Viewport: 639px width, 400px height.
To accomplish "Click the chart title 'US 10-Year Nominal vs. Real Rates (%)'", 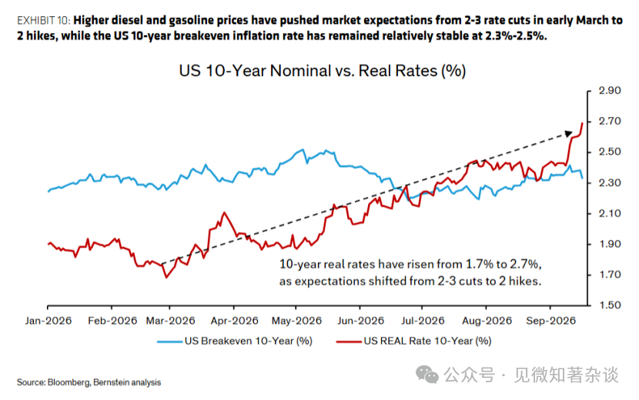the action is (x=322, y=71).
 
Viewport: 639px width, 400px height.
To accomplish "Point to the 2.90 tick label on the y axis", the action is (x=609, y=91).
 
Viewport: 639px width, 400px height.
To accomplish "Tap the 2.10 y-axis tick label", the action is (x=609, y=213).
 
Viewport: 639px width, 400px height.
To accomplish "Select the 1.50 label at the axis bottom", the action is (x=609, y=305).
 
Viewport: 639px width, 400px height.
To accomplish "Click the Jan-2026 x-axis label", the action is (x=48, y=321).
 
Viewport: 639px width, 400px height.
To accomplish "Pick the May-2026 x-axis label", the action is (x=296, y=321).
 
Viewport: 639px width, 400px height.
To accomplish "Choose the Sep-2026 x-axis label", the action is (x=550, y=321).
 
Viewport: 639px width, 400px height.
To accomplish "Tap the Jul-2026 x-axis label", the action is (x=423, y=321).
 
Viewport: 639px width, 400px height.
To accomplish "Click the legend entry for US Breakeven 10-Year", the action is (x=235, y=341).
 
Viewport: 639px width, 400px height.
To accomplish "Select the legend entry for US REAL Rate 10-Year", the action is (x=414, y=341).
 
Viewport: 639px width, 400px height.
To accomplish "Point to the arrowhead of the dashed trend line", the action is (x=569, y=133).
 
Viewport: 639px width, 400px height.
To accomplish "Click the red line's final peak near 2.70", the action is (x=582, y=123).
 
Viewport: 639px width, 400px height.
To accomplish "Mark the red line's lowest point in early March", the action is (x=166, y=278).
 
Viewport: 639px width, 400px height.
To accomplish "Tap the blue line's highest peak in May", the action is (x=303, y=150).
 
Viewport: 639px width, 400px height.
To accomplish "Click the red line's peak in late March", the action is (x=224, y=212).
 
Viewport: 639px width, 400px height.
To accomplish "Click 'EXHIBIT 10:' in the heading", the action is (x=44, y=20).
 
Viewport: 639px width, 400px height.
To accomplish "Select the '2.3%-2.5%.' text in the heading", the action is (x=516, y=36).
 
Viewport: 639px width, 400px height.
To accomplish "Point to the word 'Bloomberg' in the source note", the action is (x=69, y=382).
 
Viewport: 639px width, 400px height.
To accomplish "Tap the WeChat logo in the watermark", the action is (x=427, y=375).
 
